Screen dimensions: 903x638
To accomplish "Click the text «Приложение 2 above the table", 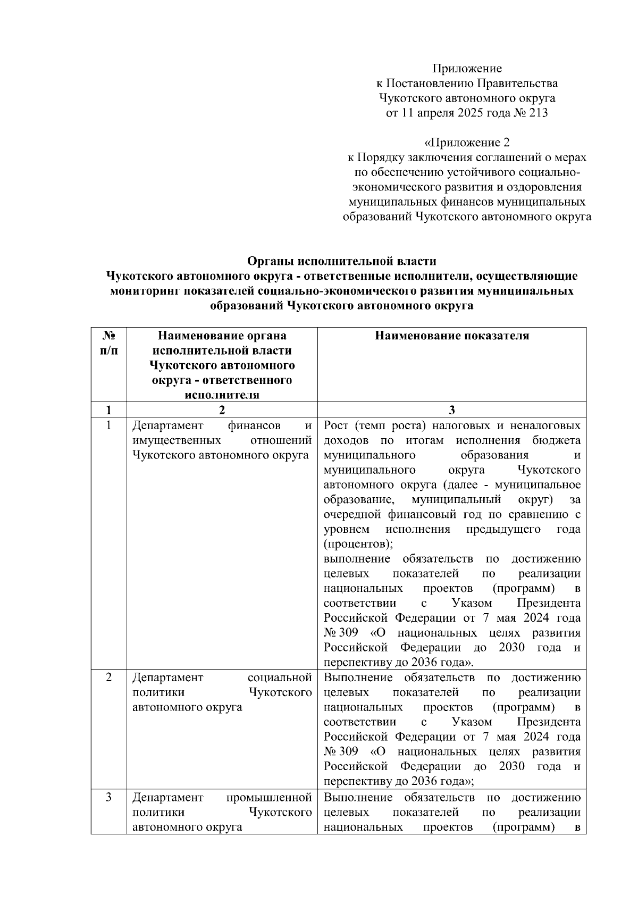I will coord(467,143).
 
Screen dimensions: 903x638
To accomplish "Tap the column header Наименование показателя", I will coord(452,336).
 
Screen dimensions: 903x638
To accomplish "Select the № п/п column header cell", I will coord(108,344).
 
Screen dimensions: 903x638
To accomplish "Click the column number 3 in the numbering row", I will coord(452,410).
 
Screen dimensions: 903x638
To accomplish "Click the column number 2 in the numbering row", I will coord(222,410).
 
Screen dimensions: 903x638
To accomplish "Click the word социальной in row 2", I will coord(280,678).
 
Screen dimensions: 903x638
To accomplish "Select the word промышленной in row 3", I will coord(269,798).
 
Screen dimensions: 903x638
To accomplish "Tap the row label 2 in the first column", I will coord(108,678).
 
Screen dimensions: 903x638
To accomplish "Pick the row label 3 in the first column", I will coord(108,798).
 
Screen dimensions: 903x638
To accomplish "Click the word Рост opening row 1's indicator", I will coord(336,426).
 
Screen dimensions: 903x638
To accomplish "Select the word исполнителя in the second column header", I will coord(222,395).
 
